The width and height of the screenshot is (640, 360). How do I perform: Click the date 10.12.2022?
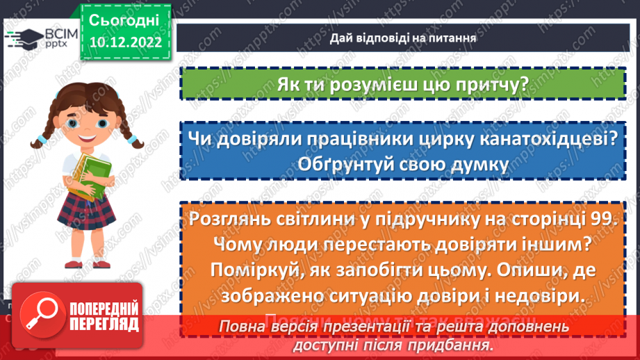[x=125, y=42]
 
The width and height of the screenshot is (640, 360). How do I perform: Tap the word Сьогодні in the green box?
[x=125, y=19]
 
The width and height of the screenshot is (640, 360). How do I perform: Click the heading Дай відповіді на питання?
[x=403, y=38]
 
